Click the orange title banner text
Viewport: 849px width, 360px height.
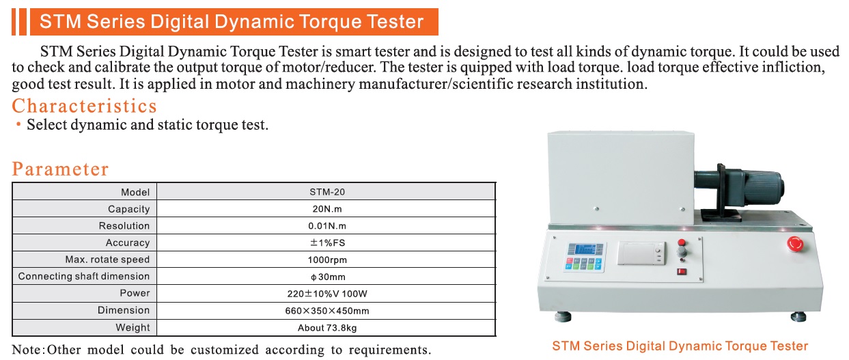(231, 22)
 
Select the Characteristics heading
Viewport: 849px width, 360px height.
(84, 106)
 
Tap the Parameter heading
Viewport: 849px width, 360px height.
(60, 169)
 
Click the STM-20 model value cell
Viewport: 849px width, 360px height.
(327, 192)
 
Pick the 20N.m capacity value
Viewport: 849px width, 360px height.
(327, 209)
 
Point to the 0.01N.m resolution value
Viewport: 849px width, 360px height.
(327, 226)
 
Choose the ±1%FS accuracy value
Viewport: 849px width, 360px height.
(327, 243)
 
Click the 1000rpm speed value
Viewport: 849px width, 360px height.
(327, 260)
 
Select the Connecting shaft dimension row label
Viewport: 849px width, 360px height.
(84, 276)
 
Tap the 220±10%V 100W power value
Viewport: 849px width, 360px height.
(327, 294)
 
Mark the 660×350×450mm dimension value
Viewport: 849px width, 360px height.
(327, 311)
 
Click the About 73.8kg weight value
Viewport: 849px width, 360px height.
(327, 328)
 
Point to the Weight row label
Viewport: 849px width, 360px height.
(133, 327)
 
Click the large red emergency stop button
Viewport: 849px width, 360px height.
(795, 244)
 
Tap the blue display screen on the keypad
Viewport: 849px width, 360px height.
(584, 250)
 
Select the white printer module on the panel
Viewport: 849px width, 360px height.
(641, 253)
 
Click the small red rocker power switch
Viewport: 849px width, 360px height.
(682, 271)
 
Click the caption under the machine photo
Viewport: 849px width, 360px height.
(680, 346)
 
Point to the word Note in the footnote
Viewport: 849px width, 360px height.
(28, 349)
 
